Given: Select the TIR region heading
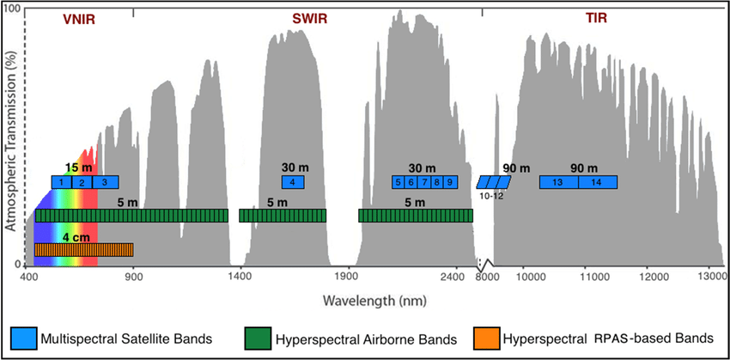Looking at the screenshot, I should click(596, 18).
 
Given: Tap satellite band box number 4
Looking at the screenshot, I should click(293, 182).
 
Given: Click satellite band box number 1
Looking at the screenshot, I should click(62, 182).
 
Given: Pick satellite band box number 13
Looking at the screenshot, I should click(558, 182).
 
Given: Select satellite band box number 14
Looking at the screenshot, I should click(597, 182).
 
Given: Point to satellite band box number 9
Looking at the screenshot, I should click(451, 182).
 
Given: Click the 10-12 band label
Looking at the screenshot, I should click(493, 197).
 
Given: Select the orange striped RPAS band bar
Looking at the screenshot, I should click(84, 250).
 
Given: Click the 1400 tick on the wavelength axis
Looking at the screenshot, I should click(240, 277).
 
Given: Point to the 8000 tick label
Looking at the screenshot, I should click(488, 277).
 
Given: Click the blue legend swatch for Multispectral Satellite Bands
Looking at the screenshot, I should click(23, 336).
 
